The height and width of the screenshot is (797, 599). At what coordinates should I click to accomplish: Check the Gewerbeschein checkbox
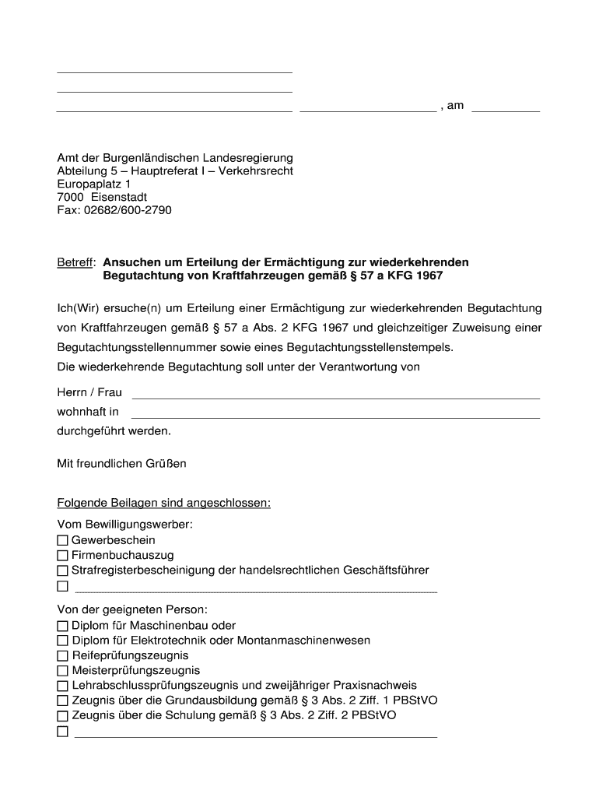point(62,540)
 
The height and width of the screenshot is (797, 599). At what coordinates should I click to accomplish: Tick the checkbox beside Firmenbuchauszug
point(62,556)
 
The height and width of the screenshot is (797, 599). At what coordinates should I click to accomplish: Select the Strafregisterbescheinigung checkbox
point(62,571)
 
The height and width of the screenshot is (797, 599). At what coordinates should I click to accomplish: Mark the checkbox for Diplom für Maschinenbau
point(62,626)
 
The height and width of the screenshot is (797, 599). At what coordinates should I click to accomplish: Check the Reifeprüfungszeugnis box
point(62,656)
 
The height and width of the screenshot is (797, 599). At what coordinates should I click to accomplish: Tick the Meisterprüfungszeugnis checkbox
point(62,671)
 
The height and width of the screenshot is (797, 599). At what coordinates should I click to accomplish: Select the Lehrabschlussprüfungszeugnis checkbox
point(62,686)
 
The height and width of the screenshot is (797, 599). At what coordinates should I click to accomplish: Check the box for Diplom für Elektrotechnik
point(62,641)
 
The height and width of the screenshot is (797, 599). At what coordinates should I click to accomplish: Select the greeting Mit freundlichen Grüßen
point(122,464)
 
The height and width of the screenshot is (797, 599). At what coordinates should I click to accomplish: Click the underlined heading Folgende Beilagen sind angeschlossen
point(164,503)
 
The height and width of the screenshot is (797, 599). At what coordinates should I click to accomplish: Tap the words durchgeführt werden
point(114,430)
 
